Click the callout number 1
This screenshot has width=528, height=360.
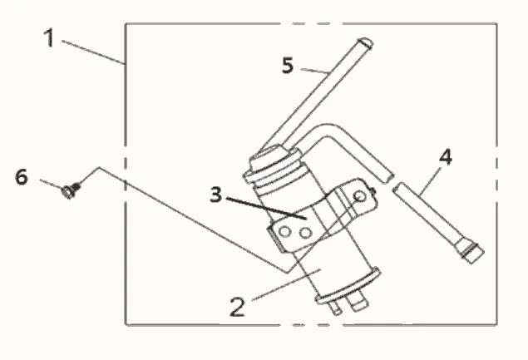(x=49, y=37)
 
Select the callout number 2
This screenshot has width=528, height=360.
(x=238, y=307)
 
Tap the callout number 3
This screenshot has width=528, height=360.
(x=216, y=195)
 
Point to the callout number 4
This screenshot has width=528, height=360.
(x=446, y=158)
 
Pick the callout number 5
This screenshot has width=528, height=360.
(x=288, y=66)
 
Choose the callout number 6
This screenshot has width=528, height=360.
(x=22, y=177)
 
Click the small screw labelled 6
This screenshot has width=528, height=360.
(x=71, y=190)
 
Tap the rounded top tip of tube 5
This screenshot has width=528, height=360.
(x=365, y=42)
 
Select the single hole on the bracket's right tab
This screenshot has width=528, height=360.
(x=360, y=195)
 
